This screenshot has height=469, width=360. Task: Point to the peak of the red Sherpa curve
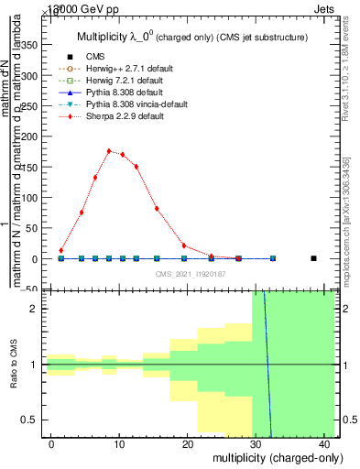(x=109, y=151)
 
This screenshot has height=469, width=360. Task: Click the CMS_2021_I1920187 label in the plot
(x=191, y=273)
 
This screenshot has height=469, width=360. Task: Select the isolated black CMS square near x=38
(x=313, y=258)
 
